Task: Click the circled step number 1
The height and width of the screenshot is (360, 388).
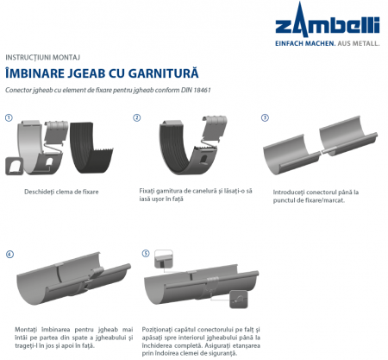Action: tap(9, 117)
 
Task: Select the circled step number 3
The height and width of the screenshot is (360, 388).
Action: tap(265, 117)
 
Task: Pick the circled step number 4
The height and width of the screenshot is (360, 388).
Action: tap(9, 255)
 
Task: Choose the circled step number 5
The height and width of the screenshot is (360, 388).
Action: tap(146, 254)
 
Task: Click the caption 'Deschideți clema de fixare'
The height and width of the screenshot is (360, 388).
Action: tap(64, 190)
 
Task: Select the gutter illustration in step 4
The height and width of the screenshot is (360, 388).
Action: tap(69, 285)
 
